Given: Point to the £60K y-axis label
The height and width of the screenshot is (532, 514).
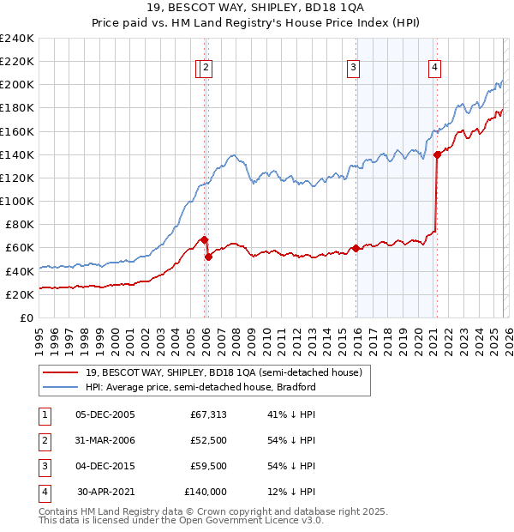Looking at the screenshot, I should tap(20, 247).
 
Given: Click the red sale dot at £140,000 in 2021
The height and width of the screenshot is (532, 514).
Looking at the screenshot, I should tap(437, 154).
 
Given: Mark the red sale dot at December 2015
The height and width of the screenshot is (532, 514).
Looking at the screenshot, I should tap(355, 249).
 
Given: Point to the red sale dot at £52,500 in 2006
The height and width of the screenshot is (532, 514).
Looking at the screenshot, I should tap(208, 257).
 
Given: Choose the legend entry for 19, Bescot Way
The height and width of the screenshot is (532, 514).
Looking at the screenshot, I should tap(224, 372).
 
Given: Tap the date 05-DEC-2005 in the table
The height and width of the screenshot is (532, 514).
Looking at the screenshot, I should tap(105, 414).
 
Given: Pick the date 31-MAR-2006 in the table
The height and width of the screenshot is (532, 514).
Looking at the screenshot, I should tap(105, 440).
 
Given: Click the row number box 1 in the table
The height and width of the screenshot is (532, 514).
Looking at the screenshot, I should tap(44, 414).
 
